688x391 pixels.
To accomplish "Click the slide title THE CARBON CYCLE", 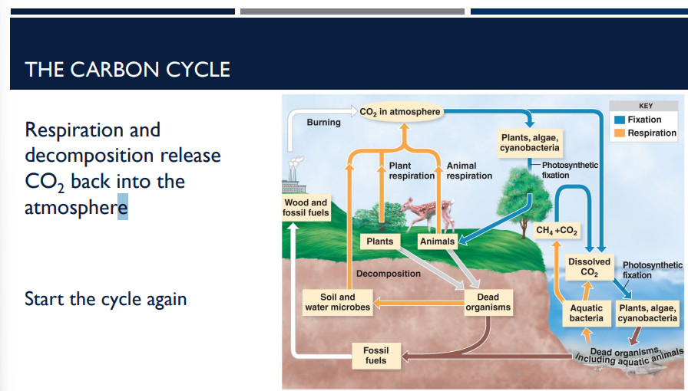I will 127,69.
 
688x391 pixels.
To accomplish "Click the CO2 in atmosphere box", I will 399,112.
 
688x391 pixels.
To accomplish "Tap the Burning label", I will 323,123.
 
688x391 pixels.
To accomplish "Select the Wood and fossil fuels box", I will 306,208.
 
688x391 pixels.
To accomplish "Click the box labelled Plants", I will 380,242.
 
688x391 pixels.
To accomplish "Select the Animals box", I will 437,242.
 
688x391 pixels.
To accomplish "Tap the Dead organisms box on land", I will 488,302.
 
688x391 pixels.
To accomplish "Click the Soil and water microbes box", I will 338,302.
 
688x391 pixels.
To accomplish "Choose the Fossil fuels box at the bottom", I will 375,356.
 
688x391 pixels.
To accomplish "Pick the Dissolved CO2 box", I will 589,267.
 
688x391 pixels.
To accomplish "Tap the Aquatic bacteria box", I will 586,313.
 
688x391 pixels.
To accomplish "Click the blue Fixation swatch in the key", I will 619,120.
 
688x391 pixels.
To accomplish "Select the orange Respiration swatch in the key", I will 619,133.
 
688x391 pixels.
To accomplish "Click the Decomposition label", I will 389,274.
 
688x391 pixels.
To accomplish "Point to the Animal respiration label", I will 469,171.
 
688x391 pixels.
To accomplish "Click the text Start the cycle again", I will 105,298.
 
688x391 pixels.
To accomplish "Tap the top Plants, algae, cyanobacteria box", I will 530,142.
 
